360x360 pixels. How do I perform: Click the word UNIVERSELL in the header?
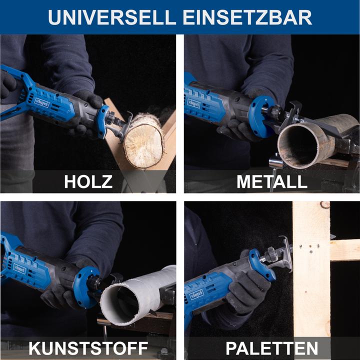pyautogui.click(x=112, y=17)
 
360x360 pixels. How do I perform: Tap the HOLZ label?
pyautogui.click(x=88, y=181)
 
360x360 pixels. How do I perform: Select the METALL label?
pyautogui.click(x=272, y=181)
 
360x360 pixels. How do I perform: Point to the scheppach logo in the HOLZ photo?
pyautogui.click(x=42, y=101)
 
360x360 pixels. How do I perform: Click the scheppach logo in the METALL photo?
pyautogui.click(x=194, y=103)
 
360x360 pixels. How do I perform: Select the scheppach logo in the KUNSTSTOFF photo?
pyautogui.click(x=19, y=268)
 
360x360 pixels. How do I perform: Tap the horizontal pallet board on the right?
pyautogui.click(x=345, y=249)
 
